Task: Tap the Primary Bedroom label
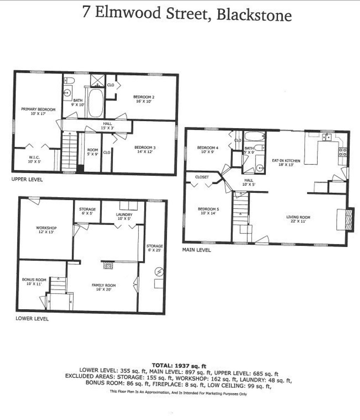pos(38,109)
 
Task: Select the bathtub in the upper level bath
pos(96,103)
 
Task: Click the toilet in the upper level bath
pos(69,80)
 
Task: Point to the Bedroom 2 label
pos(144,97)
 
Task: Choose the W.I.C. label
pos(34,157)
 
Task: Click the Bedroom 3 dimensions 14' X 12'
pos(145,152)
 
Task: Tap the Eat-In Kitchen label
pos(286,161)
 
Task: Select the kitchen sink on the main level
pos(327,137)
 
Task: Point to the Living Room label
pos(298,217)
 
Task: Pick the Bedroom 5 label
pos(208,209)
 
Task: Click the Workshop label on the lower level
pos(46,228)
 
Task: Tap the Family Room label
pos(104,285)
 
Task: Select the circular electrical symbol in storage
pos(159,272)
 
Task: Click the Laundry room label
pos(124,214)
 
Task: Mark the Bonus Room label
pos(34,280)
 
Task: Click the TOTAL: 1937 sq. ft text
pos(179,366)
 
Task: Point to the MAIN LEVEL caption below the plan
pos(196,250)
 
